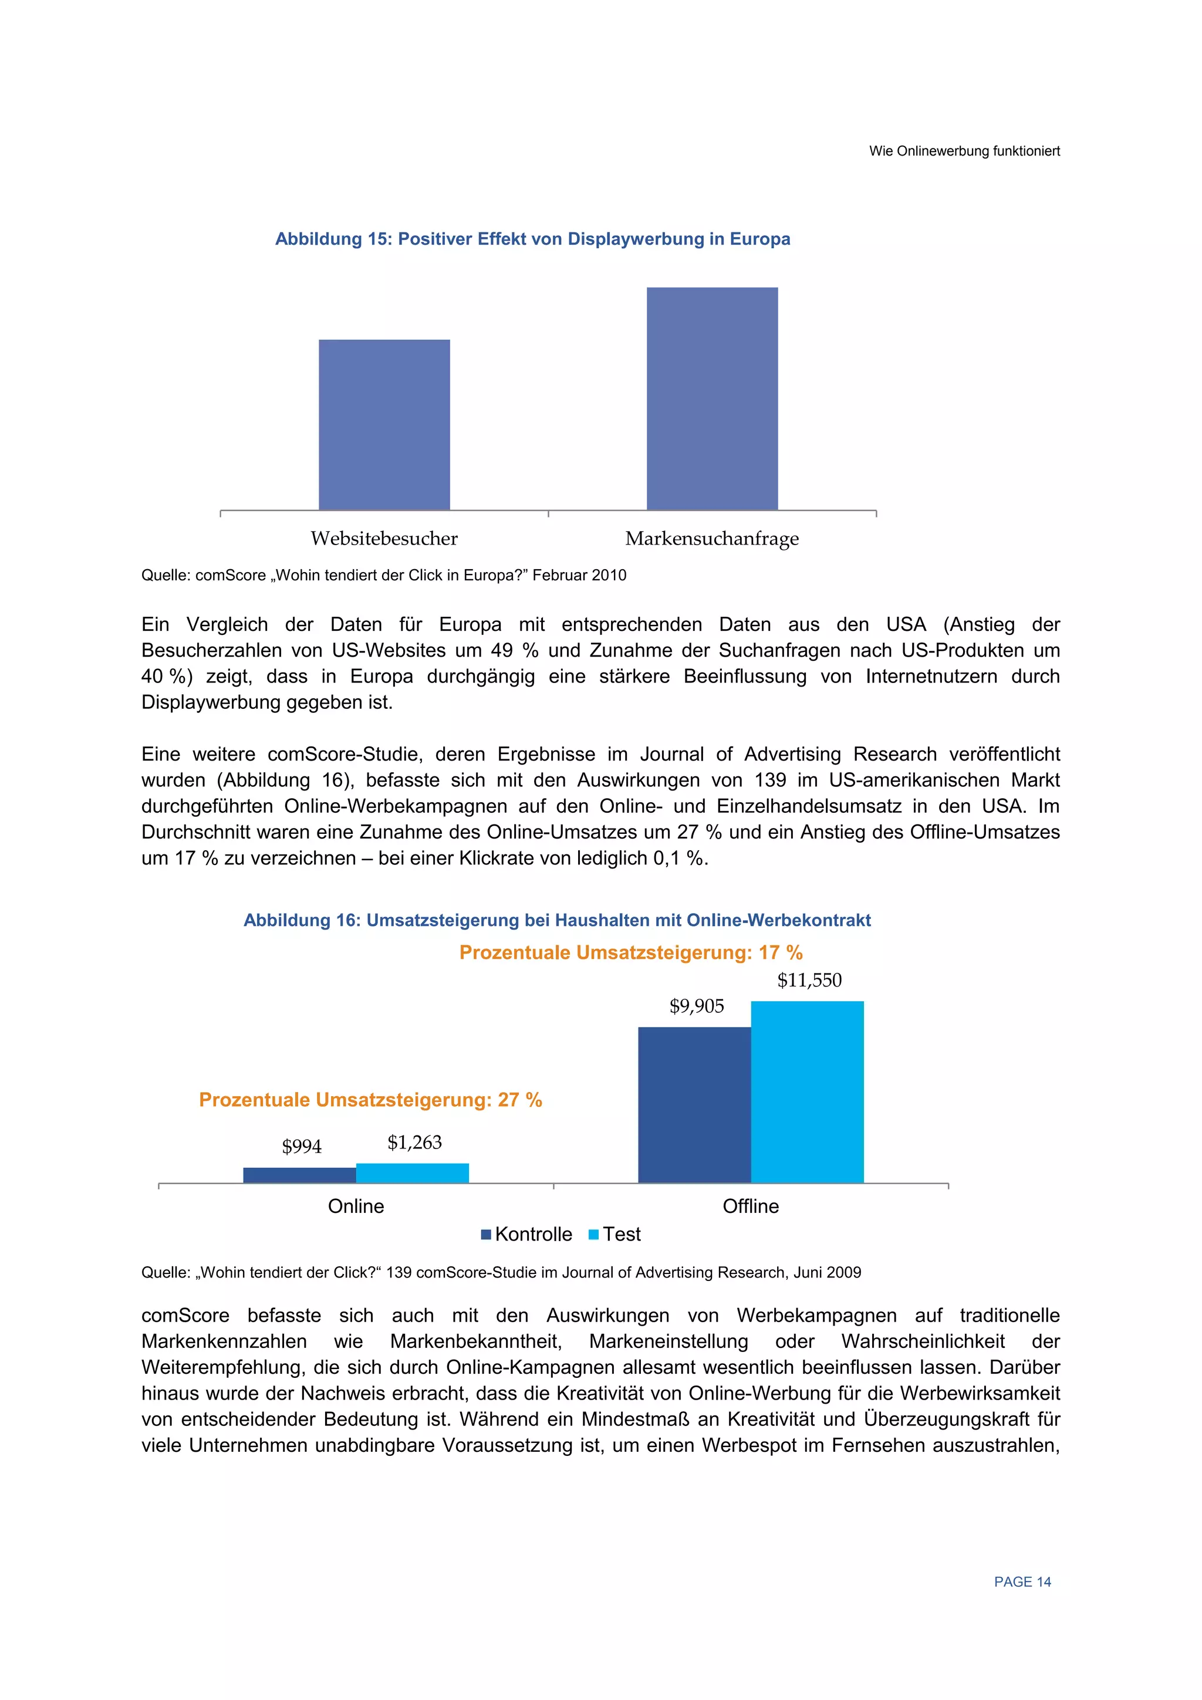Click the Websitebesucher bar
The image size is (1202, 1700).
coord(384,424)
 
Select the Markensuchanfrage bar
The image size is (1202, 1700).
coord(712,398)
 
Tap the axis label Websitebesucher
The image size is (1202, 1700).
coord(384,538)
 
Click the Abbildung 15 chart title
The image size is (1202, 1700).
coord(532,239)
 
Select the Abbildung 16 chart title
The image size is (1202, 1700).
coord(557,920)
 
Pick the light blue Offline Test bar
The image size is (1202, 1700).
coord(806,1091)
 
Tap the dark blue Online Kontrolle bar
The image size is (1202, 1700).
coord(299,1175)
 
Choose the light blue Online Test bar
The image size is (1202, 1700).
coord(412,1173)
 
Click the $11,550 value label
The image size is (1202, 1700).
coord(809,981)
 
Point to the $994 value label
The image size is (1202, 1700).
coord(302,1146)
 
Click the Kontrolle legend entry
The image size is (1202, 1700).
coord(526,1234)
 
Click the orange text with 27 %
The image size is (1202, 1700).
coord(370,1100)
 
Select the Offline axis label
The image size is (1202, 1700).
coord(750,1206)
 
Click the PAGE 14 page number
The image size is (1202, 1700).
coord(1022,1582)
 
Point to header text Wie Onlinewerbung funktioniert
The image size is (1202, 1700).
coord(964,151)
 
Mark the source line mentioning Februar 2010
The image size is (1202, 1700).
coord(384,575)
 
